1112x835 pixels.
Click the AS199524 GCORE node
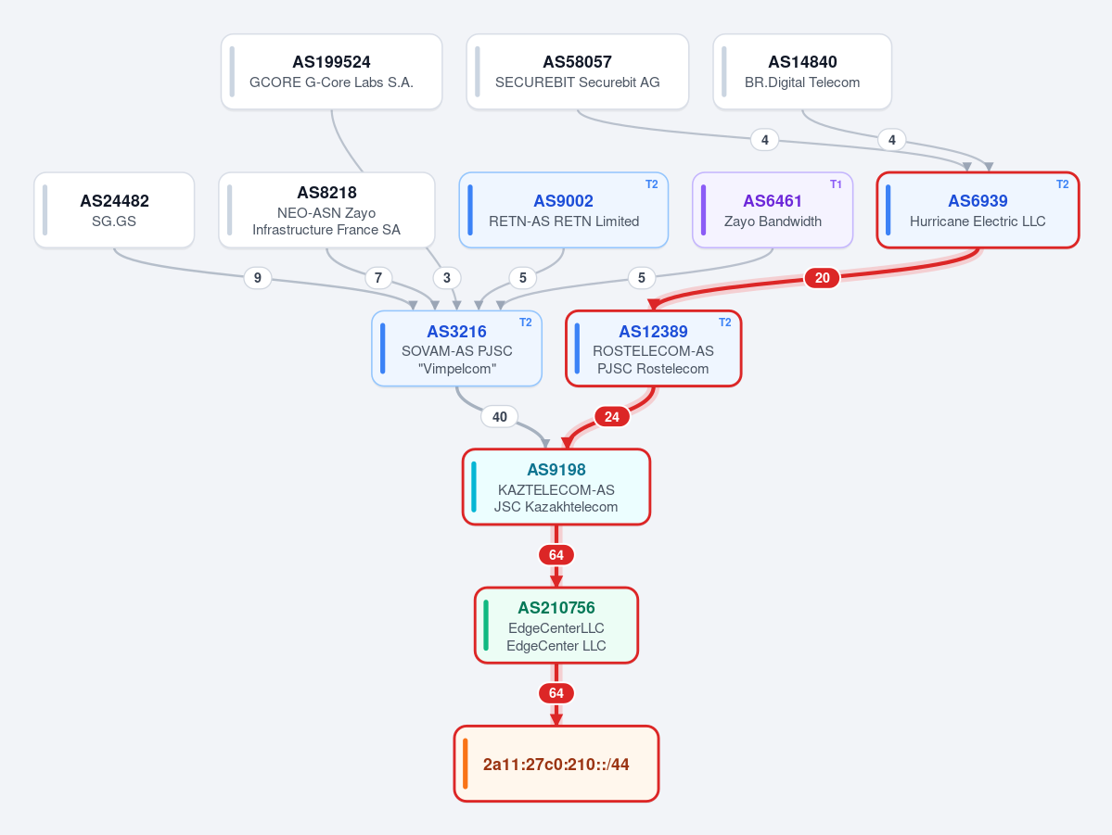pos(331,71)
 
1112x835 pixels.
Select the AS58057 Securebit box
pos(577,71)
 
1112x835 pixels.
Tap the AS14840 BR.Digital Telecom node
pos(802,71)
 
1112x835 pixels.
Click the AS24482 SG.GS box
pos(114,209)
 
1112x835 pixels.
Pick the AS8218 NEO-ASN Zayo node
pos(327,209)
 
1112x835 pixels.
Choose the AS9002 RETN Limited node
pos(564,209)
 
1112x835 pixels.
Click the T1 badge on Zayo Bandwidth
pos(837,184)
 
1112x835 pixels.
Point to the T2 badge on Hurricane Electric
pos(1062,184)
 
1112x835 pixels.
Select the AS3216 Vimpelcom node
pos(456,348)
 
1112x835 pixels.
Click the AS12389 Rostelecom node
pos(653,348)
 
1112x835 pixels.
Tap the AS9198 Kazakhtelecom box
pos(556,487)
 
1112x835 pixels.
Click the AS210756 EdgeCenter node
pos(556,626)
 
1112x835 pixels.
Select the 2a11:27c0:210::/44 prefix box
pos(556,764)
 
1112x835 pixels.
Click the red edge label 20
pos(822,278)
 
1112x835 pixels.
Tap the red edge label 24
pos(612,417)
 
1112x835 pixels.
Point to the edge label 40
pos(499,417)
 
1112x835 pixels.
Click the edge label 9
pos(258,278)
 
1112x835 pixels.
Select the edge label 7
pos(378,278)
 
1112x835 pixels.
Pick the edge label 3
pos(447,278)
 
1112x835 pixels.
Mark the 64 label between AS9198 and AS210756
pos(556,555)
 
